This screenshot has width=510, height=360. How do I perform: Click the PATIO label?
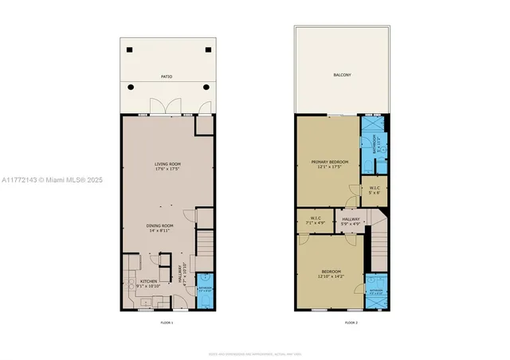pyautogui.click(x=167, y=76)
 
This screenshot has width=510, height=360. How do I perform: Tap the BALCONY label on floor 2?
pyautogui.click(x=342, y=75)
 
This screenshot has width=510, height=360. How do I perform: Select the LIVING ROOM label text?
pyautogui.click(x=167, y=164)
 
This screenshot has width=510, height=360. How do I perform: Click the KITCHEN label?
pyautogui.click(x=149, y=281)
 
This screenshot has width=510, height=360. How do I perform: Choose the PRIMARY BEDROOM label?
pyautogui.click(x=329, y=162)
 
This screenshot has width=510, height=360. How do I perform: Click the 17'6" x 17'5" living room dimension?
pyautogui.click(x=167, y=169)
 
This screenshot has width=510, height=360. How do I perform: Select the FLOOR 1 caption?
pyautogui.click(x=167, y=323)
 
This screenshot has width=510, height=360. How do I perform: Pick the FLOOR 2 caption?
pyautogui.click(x=351, y=323)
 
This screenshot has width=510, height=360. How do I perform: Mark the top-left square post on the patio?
pyautogui.click(x=129, y=49)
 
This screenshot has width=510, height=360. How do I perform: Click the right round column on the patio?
pyautogui.click(x=206, y=86)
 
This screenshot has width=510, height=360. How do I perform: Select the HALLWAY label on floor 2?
pyautogui.click(x=351, y=218)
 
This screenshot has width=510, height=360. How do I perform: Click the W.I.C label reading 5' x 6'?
pyautogui.click(x=375, y=191)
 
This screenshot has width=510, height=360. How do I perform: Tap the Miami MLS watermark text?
pyautogui.click(x=53, y=181)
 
